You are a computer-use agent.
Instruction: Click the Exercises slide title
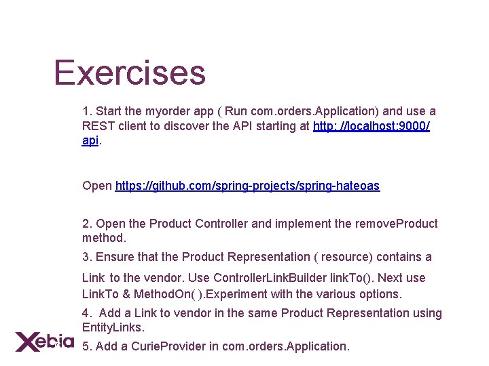129,73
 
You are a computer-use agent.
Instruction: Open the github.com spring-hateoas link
247,186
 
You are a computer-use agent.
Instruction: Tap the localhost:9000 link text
371,126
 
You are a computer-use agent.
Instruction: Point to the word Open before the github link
97,186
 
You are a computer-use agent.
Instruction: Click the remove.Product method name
397,224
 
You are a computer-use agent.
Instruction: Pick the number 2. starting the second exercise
87,224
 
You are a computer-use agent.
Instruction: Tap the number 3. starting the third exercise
87,257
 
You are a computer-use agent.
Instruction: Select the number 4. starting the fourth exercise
87,313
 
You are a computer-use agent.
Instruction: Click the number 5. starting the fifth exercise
87,346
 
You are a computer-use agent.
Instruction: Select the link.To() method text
352,278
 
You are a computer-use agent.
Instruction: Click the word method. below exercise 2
105,239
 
